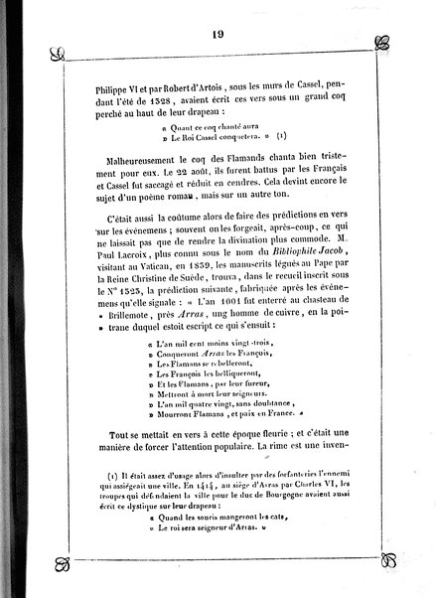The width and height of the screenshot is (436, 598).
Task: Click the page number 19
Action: [218, 12]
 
